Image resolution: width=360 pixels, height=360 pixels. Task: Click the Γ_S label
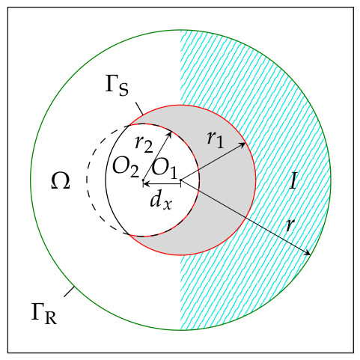[117, 86]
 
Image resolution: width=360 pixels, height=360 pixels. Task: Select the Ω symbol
[61, 180]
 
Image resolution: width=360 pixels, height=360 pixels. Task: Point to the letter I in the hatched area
[293, 180]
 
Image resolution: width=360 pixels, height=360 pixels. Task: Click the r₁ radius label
[216, 140]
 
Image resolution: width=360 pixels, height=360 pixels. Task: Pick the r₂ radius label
[144, 144]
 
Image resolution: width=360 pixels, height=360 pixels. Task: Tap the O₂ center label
[126, 168]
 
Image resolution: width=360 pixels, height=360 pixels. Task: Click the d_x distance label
[161, 201]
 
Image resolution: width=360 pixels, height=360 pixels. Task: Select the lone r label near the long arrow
[290, 225]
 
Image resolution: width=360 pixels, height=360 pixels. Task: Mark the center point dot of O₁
[180, 180]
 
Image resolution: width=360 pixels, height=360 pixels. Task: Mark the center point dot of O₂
[143, 180]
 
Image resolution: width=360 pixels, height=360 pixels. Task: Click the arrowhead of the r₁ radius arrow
[243, 144]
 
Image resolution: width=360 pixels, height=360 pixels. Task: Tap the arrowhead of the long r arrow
[308, 253]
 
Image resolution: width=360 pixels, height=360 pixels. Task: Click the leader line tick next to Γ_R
[69, 292]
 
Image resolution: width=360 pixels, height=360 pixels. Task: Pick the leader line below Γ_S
[139, 109]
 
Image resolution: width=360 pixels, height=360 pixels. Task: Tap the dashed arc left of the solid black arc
[87, 180]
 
